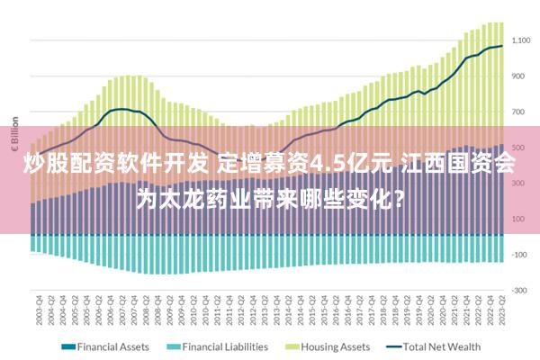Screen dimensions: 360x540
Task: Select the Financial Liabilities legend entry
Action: coord(224,346)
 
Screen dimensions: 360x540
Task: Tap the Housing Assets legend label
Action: coord(335,346)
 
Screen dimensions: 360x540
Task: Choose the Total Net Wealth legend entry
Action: coord(442,346)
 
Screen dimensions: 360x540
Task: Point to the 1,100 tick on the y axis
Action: coord(521,40)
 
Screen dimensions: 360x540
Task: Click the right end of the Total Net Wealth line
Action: coord(501,46)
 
